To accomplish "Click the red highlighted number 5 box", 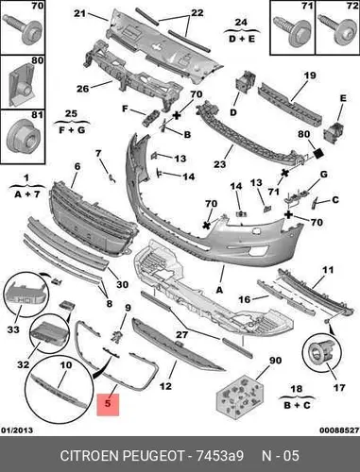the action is pyautogui.click(x=108, y=405).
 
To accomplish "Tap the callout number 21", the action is pyautogui.click(x=80, y=13).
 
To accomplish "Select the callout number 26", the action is pyautogui.click(x=83, y=89).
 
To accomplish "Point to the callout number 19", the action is pyautogui.click(x=310, y=76).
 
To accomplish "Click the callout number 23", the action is pyautogui.click(x=220, y=164).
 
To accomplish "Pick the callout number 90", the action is pyautogui.click(x=275, y=360).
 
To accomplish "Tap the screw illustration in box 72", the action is pyautogui.click(x=336, y=29).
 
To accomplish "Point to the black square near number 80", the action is pyautogui.click(x=318, y=153).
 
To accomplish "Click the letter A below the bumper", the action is pyautogui.click(x=219, y=290).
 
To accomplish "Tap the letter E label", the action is pyautogui.click(x=343, y=98).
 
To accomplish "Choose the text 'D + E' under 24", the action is pyautogui.click(x=242, y=40).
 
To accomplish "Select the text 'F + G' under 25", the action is pyautogui.click(x=72, y=129).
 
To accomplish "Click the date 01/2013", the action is pyautogui.click(x=18, y=430).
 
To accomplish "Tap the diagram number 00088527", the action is pyautogui.click(x=339, y=430).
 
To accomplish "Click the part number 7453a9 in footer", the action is pyautogui.click(x=219, y=455).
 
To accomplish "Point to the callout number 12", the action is pyautogui.click(x=165, y=386).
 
